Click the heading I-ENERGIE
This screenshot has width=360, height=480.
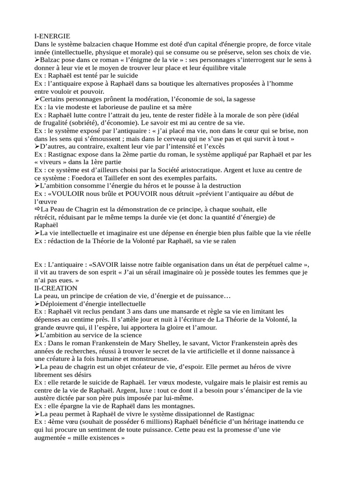click(x=52, y=36)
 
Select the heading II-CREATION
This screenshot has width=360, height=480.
click(x=56, y=287)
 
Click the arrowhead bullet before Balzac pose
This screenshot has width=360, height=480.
click(x=37, y=60)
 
